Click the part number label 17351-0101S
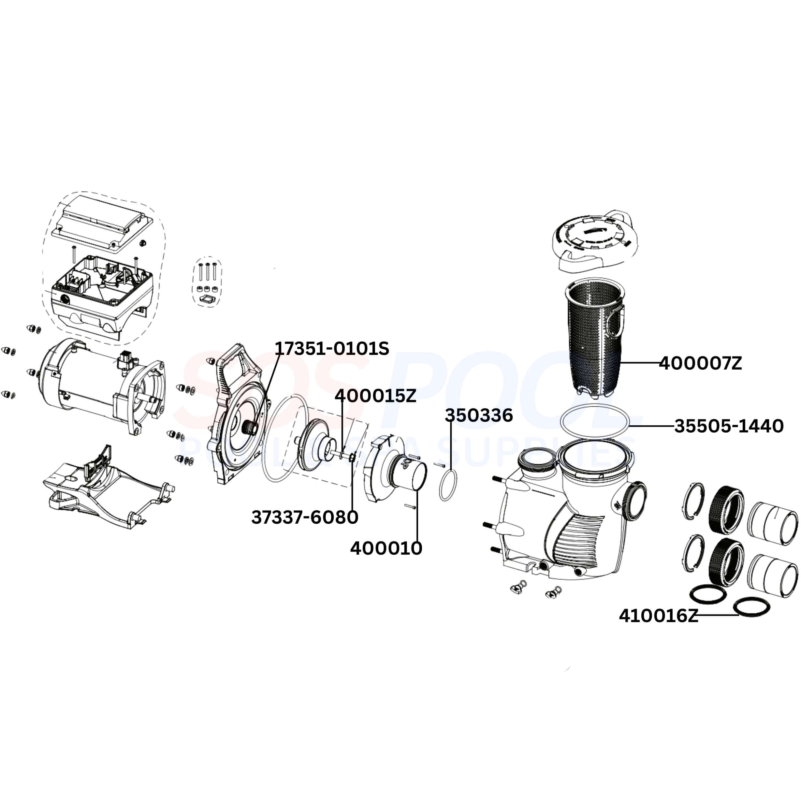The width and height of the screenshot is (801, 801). [x=332, y=349]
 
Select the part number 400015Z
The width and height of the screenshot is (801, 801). [x=375, y=396]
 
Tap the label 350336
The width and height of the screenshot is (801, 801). [x=479, y=415]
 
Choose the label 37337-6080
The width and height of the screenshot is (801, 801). [x=305, y=517]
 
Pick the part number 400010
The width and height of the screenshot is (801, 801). [x=386, y=548]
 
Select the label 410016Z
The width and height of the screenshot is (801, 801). [x=658, y=616]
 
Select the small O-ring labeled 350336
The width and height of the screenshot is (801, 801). [x=448, y=486]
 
